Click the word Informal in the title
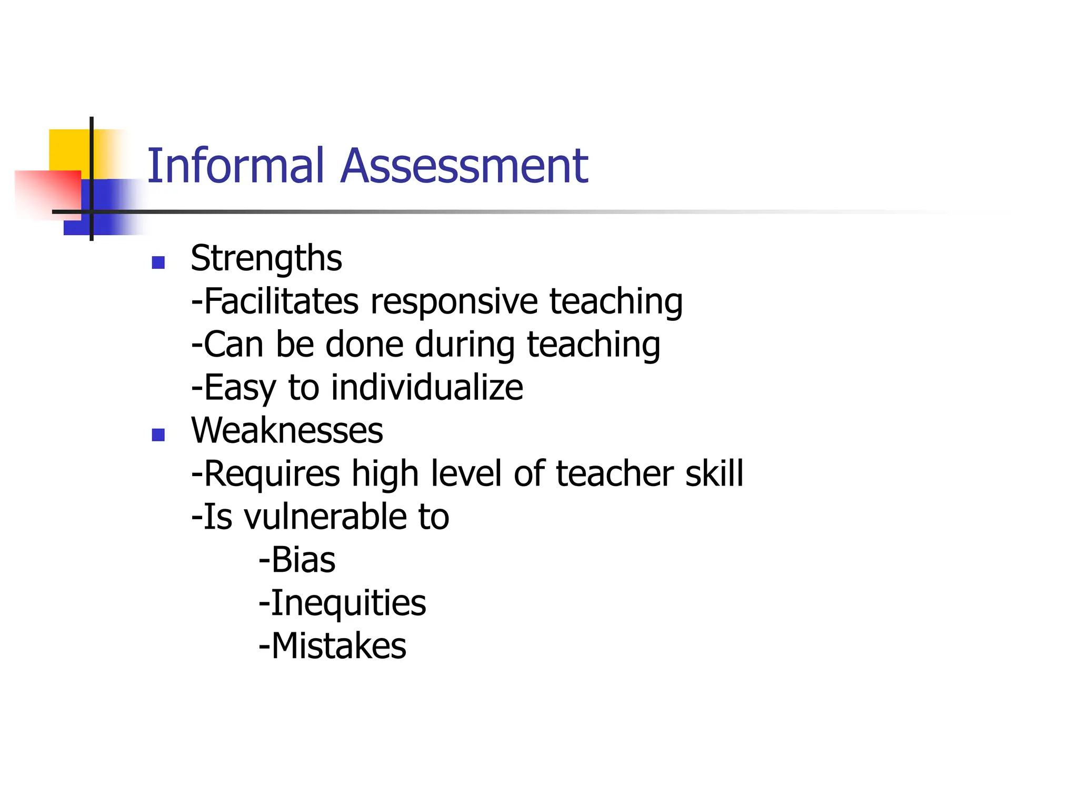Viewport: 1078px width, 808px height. pos(235,166)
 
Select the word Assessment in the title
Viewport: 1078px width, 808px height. pos(464,166)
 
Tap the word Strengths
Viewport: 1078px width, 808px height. pos(266,259)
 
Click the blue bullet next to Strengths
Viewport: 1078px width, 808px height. pos(158,262)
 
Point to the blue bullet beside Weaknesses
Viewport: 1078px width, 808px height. pos(158,435)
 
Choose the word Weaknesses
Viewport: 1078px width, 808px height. pos(287,431)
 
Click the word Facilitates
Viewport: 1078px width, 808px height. pos(281,302)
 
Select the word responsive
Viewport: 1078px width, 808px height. pos(454,303)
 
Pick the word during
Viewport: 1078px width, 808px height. pos(465,346)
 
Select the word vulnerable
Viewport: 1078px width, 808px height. pos(325,517)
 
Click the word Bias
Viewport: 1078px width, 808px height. pos(303,560)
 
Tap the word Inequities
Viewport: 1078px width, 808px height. pos(348,603)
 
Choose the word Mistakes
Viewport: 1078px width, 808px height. pos(338,646)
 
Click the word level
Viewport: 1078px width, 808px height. pos(465,473)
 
